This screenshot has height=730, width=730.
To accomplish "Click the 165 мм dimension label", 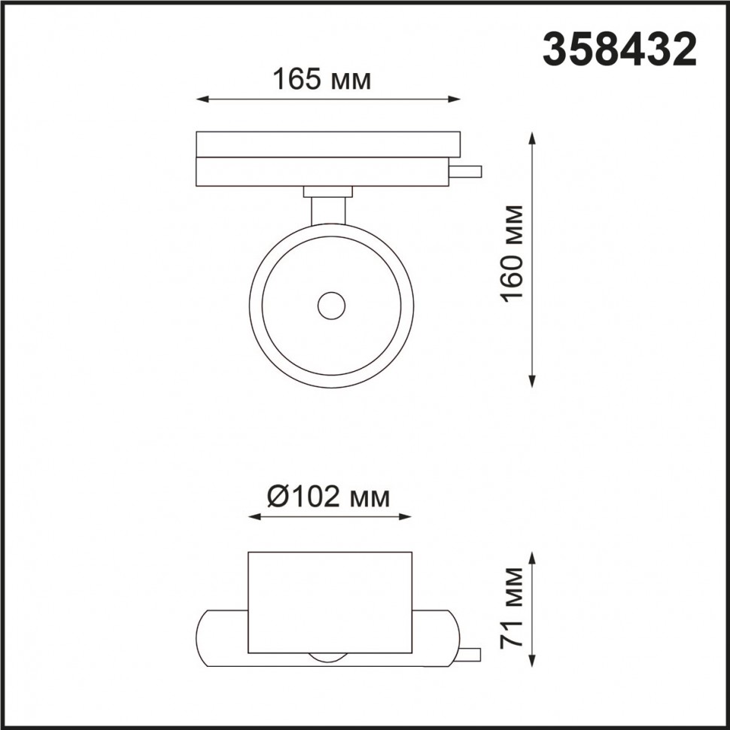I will click(x=321, y=79).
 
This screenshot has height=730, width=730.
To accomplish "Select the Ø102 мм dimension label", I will click(x=329, y=497).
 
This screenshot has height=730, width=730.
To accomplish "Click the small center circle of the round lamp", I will click(x=330, y=306).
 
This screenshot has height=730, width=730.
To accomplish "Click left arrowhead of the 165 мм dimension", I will click(x=200, y=99).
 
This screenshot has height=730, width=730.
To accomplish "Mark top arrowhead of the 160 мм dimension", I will click(x=533, y=138).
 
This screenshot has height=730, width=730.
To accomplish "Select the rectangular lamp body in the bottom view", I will click(x=330, y=602).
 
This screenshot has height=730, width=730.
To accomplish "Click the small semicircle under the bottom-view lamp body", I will click(x=330, y=658).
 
